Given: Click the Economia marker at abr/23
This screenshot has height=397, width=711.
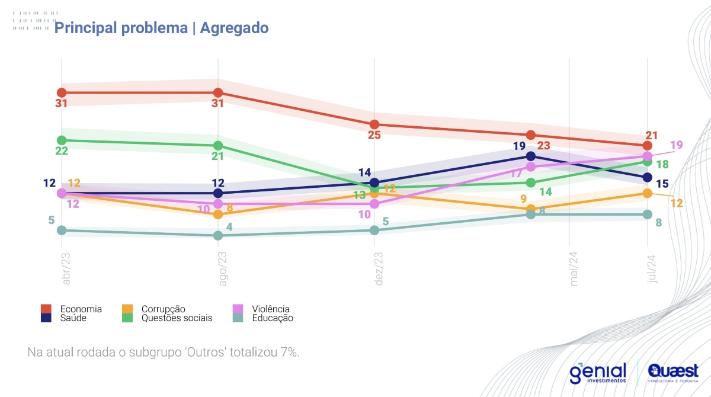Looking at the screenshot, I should [62, 92].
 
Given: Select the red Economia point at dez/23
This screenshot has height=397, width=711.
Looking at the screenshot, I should [374, 124].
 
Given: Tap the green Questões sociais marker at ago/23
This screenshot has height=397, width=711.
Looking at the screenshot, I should [218, 146].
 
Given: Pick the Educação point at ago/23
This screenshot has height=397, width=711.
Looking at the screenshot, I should [218, 235].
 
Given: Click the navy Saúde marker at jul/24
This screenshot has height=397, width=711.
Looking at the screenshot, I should [647, 177].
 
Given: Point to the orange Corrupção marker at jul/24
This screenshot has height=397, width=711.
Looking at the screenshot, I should [647, 193].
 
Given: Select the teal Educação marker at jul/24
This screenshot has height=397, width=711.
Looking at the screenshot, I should [647, 214].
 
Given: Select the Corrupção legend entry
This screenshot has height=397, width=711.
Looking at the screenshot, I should [163, 309].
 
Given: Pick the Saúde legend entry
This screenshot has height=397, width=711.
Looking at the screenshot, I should [73, 318].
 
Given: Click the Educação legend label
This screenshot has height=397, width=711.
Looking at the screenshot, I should [273, 318].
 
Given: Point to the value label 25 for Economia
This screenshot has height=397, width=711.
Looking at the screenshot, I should [374, 135].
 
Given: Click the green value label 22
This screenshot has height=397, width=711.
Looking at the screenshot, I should [62, 151].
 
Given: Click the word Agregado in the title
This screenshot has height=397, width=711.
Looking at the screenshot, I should [234, 28].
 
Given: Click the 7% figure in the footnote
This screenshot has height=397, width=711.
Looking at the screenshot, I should [289, 351].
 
